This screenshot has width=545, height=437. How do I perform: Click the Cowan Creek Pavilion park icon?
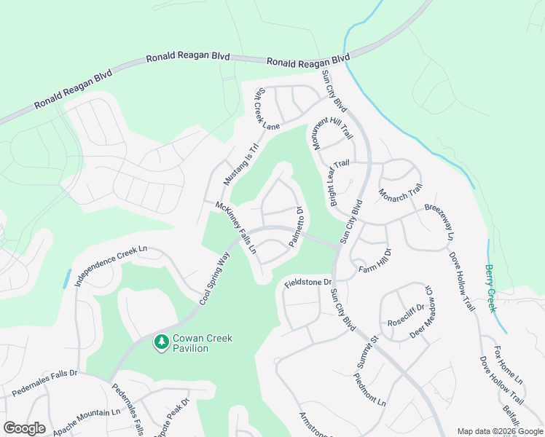click(x=161, y=341)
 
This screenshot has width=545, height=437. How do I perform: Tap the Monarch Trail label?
click(x=400, y=194)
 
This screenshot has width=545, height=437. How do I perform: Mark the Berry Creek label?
click(x=490, y=288)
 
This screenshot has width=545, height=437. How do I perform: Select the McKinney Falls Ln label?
click(x=236, y=227)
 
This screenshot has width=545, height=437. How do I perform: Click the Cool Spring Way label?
click(x=213, y=279)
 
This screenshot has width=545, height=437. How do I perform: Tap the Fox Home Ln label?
click(x=509, y=366)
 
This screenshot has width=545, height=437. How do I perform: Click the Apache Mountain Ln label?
click(x=87, y=417)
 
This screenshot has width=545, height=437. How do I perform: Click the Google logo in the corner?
click(x=24, y=428)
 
